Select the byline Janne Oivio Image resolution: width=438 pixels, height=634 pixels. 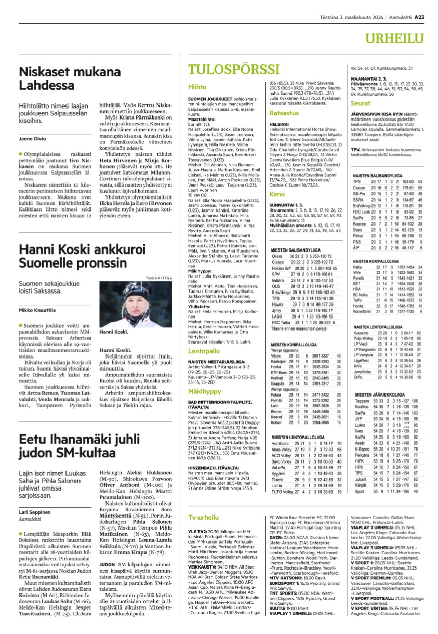click(32, 139)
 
